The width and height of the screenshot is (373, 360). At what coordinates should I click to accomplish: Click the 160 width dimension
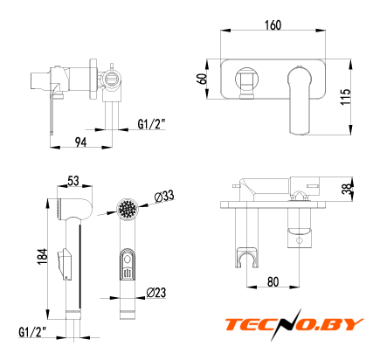point(273,25)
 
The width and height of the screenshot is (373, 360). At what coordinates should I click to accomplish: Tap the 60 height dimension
point(203,79)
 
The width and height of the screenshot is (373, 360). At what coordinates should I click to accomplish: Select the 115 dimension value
point(345,97)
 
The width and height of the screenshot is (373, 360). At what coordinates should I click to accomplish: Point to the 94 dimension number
point(80,142)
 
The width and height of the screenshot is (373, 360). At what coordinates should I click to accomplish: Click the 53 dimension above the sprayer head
point(73,181)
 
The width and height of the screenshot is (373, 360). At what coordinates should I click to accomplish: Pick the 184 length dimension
point(43,256)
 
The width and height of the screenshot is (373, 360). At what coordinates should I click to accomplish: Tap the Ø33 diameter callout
point(164,197)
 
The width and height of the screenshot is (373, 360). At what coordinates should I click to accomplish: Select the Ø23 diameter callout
point(156,292)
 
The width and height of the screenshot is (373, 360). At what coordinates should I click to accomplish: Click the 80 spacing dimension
point(273,281)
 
